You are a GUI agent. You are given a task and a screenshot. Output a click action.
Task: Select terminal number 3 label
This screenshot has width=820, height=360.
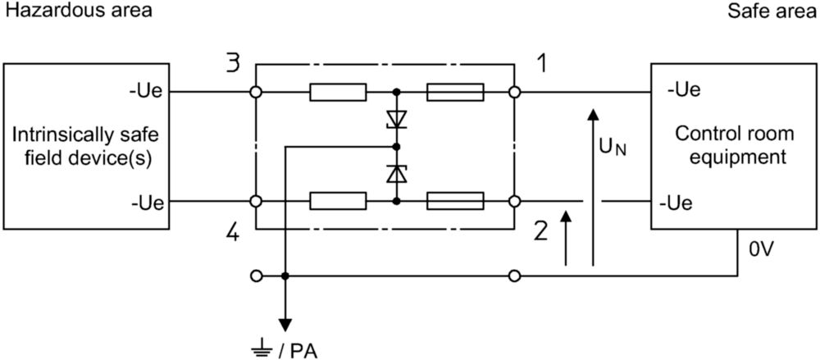(234, 64)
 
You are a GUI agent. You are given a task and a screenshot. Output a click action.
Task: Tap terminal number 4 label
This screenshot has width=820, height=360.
(234, 232)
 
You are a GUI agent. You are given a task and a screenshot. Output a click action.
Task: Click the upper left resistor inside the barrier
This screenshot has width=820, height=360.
(338, 92)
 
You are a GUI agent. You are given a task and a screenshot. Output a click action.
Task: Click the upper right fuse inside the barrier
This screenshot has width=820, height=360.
(455, 92)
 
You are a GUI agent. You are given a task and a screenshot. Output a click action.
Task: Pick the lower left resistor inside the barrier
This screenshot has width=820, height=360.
(338, 201)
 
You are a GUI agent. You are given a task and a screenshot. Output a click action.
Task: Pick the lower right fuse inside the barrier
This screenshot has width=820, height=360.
(455, 201)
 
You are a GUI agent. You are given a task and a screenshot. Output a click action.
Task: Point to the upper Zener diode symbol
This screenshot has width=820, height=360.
(396, 119)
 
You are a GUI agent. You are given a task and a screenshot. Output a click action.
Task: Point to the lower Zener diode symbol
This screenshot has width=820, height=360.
(396, 173)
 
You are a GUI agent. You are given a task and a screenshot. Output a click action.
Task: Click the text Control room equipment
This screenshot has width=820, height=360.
(734, 145)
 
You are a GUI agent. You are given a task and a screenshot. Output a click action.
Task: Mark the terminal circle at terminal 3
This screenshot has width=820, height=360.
(256, 92)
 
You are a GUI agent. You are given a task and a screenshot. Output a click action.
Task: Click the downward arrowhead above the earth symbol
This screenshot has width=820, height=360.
(285, 325)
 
